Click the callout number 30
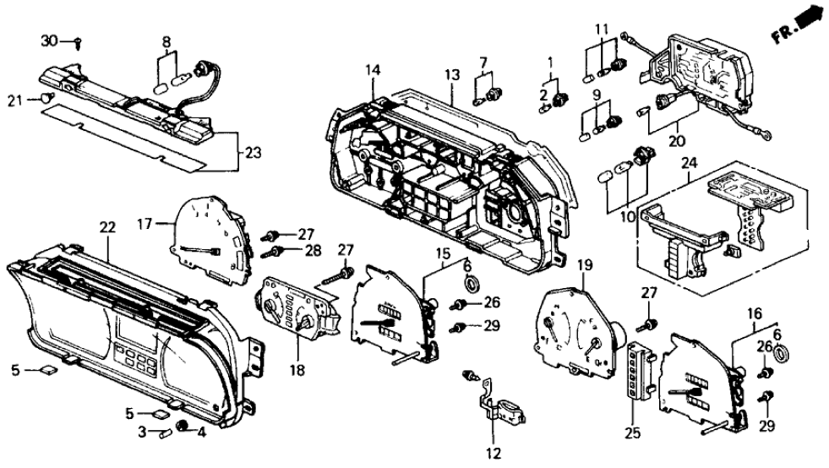(x=50, y=41)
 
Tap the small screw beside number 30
(x=77, y=41)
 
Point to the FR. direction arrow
(x=799, y=23)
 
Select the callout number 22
(x=106, y=227)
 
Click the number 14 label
(x=373, y=71)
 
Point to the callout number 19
(x=584, y=266)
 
